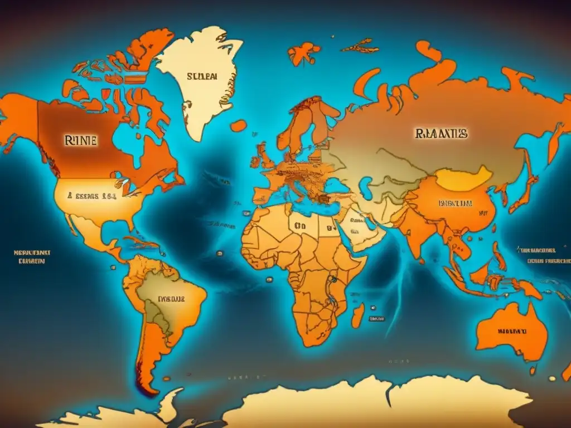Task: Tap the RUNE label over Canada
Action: click(x=80, y=140)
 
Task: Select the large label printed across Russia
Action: click(x=440, y=134)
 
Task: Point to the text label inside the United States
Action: click(x=92, y=196)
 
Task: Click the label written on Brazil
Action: click(x=171, y=299)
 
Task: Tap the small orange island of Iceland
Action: click(x=238, y=126)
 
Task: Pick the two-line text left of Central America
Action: click(x=32, y=257)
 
